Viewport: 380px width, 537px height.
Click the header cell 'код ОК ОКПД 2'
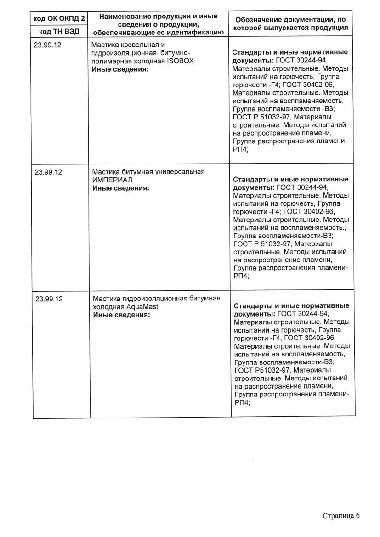(59, 19)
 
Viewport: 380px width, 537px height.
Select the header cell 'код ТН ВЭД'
(59, 31)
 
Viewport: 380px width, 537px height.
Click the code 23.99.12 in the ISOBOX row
(49, 45)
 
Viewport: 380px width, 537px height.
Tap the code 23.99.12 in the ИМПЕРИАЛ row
(49, 172)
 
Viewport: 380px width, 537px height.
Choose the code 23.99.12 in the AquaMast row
(49, 299)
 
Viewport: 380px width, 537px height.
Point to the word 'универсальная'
(182, 172)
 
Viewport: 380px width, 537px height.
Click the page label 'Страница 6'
(341, 515)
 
